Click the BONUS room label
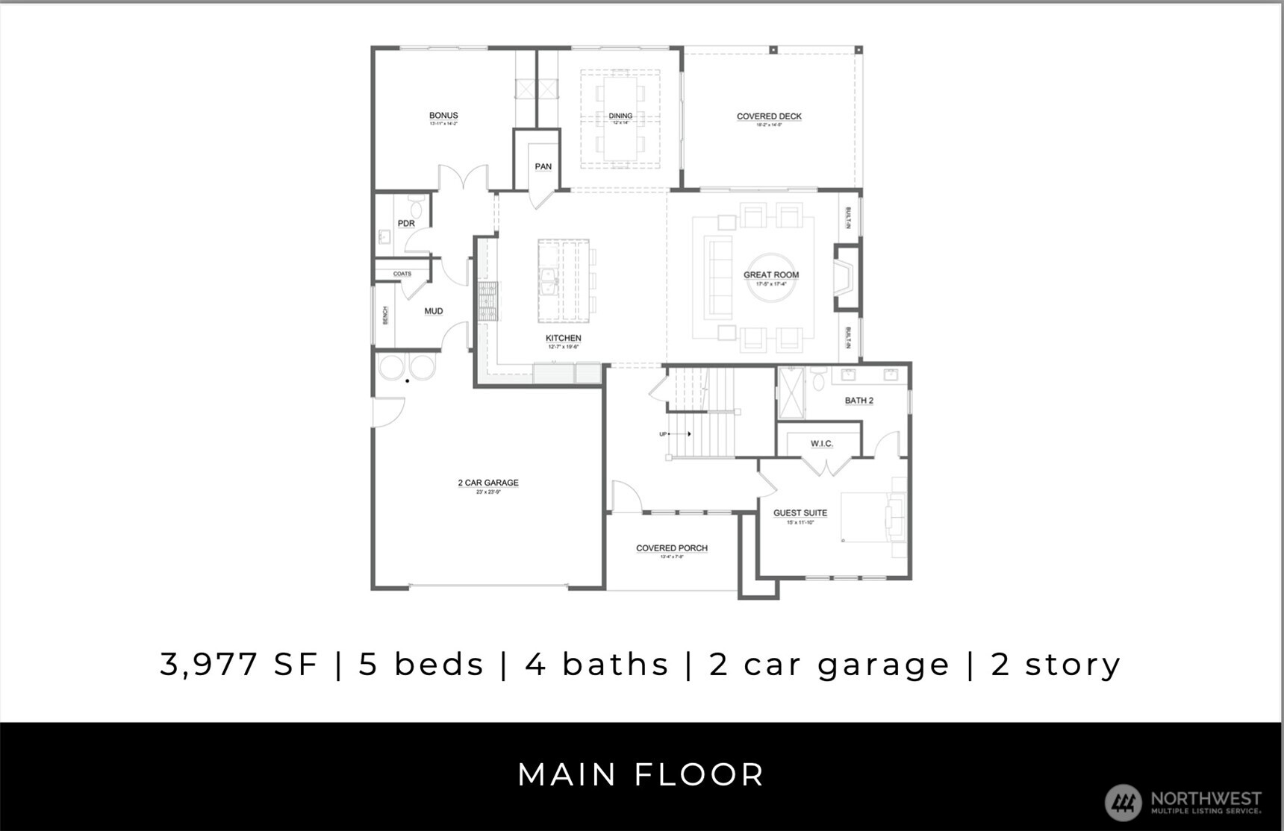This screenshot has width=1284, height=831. (443, 116)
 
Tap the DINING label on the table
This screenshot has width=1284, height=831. (620, 116)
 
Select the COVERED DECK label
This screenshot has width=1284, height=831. (769, 116)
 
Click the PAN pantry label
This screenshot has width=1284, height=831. (543, 166)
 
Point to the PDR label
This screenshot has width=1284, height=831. (406, 223)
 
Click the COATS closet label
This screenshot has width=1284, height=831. (402, 274)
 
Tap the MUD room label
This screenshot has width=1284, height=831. (434, 311)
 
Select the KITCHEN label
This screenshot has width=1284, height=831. (563, 338)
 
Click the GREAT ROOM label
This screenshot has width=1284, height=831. (771, 275)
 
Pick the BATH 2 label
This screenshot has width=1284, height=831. (858, 401)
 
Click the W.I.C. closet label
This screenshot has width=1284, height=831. (821, 444)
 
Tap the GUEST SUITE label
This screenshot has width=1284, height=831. (800, 513)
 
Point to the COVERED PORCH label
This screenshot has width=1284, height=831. (672, 548)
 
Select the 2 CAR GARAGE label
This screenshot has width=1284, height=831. (488, 483)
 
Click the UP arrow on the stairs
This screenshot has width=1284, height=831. (676, 434)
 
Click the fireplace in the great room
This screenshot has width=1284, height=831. (846, 277)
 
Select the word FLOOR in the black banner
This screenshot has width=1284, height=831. (699, 774)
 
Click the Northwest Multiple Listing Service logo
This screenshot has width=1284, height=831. (1183, 803)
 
